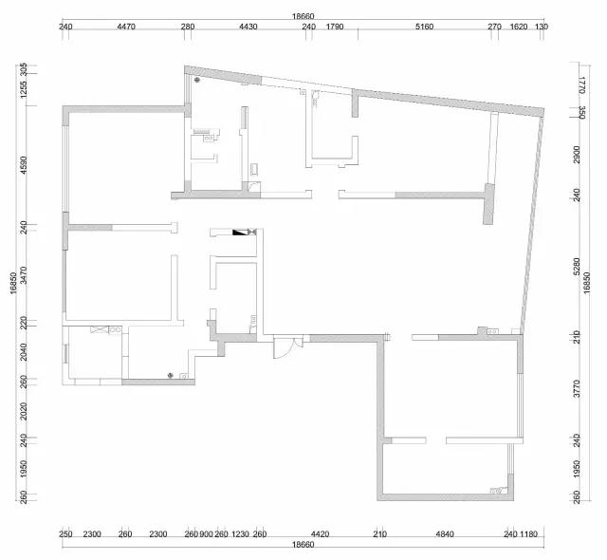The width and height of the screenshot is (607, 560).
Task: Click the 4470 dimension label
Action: tap(126, 27)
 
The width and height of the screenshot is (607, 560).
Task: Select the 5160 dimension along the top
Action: tap(424, 27)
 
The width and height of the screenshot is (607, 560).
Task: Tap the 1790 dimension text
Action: tap(335, 27)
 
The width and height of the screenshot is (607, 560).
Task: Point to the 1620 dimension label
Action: tap(519, 27)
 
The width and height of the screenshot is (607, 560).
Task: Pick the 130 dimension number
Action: tap(542, 27)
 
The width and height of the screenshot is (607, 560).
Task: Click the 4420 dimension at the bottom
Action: tap(321, 534)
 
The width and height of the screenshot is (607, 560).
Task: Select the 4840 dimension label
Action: tap(445, 534)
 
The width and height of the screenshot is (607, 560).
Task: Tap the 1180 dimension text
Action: tap(528, 534)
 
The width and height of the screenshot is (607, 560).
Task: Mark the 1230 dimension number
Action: tap(240, 534)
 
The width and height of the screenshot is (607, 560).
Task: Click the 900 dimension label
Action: tap(206, 534)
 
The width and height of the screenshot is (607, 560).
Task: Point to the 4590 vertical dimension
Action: tap(24, 165)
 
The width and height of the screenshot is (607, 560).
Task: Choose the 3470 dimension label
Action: tap(24, 275)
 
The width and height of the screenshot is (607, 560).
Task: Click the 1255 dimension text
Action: tap(24, 89)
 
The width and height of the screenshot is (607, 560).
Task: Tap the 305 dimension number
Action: tap(24, 69)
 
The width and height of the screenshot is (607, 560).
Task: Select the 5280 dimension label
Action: tap(577, 267)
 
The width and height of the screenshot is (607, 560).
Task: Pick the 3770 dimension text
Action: tap(577, 388)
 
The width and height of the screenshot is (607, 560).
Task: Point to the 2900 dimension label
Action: tap(577, 155)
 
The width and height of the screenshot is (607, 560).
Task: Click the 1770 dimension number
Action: tap(581, 84)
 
